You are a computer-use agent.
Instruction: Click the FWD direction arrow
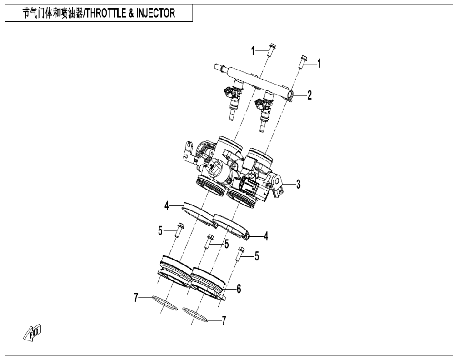[33, 332]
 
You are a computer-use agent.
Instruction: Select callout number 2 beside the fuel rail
[309, 95]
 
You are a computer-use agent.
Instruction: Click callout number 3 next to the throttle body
[298, 185]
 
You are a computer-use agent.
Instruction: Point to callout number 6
[239, 289]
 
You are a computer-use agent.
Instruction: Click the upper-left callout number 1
[253, 51]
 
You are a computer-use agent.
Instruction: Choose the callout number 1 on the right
[319, 63]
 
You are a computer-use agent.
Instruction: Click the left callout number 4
[166, 206]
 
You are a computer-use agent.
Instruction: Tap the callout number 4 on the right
[266, 236]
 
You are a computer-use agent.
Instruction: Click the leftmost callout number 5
[160, 231]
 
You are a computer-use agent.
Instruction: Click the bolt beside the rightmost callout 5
[240, 254]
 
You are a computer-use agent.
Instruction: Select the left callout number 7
[135, 298]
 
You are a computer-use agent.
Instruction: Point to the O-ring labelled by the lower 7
[195, 315]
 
